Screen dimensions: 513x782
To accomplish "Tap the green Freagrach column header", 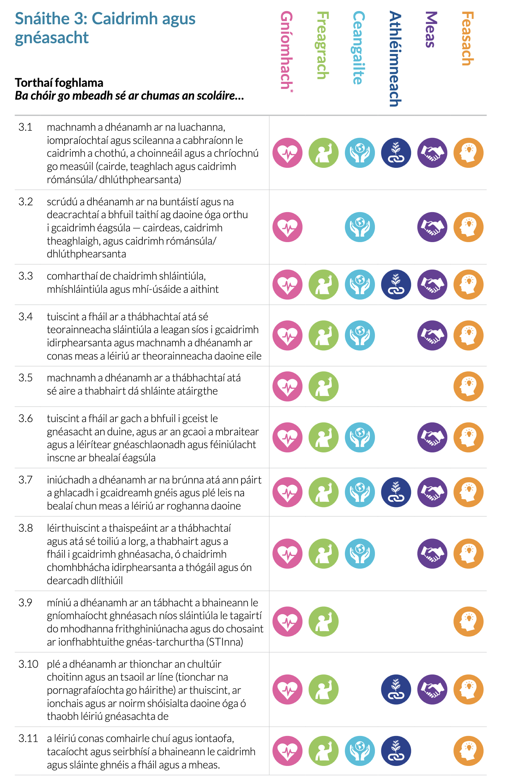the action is pos(323,45).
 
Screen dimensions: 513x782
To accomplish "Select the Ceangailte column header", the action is pos(359,48).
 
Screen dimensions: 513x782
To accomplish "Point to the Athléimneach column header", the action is pos(395,59).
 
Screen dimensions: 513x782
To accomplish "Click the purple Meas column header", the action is pos(431,30).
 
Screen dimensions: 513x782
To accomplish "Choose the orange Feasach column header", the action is pos(468,39).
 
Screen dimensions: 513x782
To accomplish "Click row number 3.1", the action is pos(25,127).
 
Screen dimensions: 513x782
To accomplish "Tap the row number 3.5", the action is pos(26,378).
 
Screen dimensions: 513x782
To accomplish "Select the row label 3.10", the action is pos(28,664).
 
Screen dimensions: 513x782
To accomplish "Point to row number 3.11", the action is pos(28,738).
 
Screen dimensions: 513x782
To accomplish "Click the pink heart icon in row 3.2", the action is pos(288,227).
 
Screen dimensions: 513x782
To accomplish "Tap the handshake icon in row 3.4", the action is pos(432,335).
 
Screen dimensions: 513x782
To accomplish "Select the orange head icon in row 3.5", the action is pos(468,386).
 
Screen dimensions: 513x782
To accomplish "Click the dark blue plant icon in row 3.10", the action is pos(396,690).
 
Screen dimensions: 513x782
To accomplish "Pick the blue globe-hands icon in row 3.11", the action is pos(360,751).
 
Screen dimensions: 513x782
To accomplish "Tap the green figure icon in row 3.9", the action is pos(324,622).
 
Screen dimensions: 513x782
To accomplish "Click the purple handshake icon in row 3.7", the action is pos(432,492).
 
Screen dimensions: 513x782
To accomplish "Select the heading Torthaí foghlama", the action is pos(59,83).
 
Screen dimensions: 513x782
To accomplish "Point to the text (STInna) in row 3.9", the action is pos(225,642).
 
